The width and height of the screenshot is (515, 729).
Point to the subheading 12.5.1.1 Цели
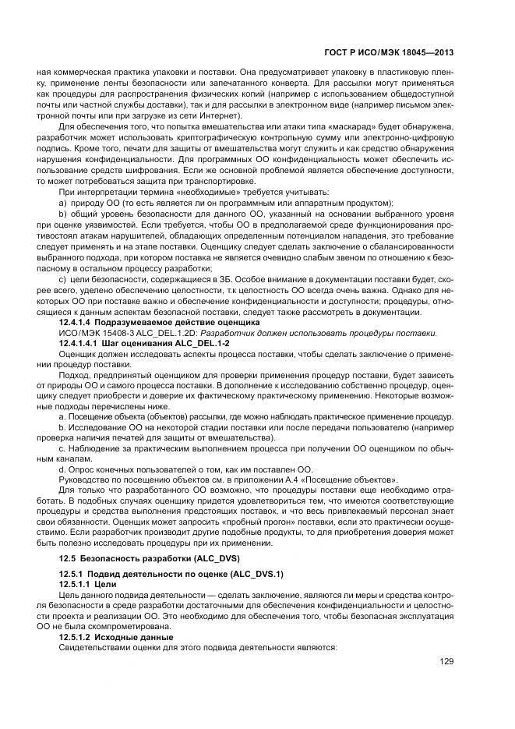85,583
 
